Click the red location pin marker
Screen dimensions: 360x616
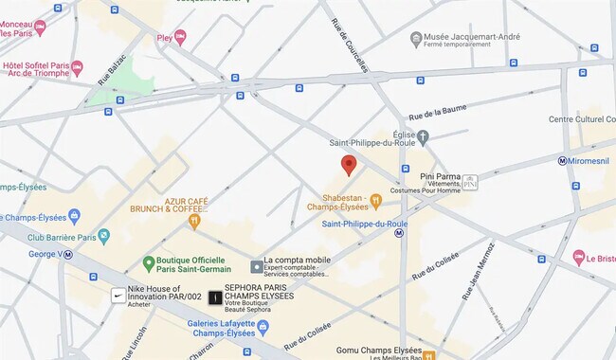tap(348, 165)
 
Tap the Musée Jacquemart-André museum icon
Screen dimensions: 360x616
tap(415, 39)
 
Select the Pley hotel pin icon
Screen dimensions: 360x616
tap(180, 38)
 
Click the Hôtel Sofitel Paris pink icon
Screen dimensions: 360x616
tap(77, 68)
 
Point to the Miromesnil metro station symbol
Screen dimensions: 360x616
tap(563, 161)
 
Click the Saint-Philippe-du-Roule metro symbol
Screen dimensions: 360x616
tap(399, 232)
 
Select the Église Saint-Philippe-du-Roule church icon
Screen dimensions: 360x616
tap(423, 136)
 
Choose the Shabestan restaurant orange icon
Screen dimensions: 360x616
tap(375, 200)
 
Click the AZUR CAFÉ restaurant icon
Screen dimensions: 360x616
tap(194, 222)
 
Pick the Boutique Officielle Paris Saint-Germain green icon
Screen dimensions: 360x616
tap(148, 261)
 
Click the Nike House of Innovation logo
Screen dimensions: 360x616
tap(118, 296)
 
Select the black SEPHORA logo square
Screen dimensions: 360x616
tap(216, 297)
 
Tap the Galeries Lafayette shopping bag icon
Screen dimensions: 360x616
tap(263, 327)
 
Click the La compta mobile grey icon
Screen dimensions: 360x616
tap(256, 266)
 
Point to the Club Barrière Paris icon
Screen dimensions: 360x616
tap(103, 236)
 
